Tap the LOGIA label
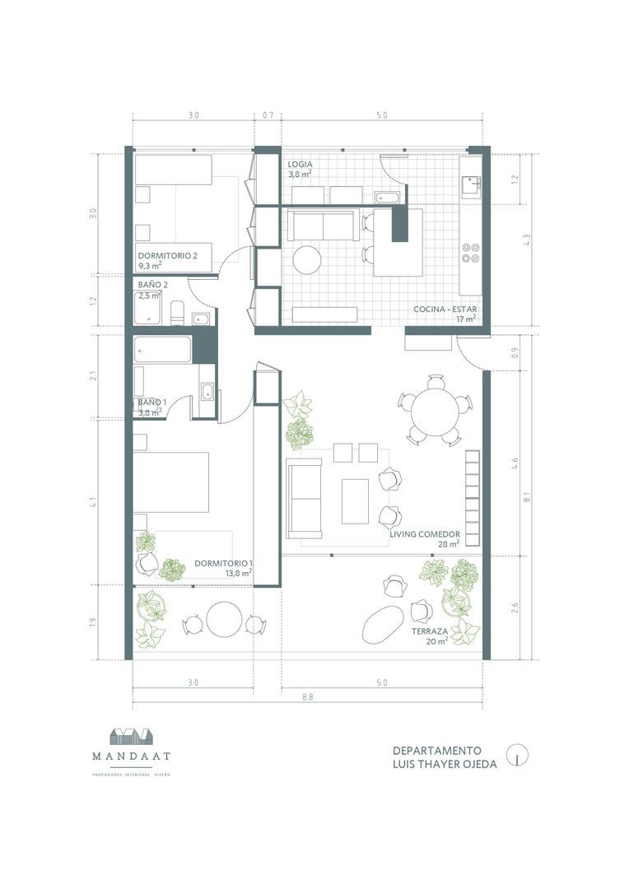[300, 165]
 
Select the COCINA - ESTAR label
[445, 310]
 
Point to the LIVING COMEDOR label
[425, 533]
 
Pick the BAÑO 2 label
[153, 285]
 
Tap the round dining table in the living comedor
[431, 410]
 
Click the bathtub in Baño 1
[163, 349]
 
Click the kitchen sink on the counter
[471, 187]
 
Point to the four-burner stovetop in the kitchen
[471, 252]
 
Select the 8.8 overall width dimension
[308, 696]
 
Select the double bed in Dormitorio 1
[170, 482]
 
